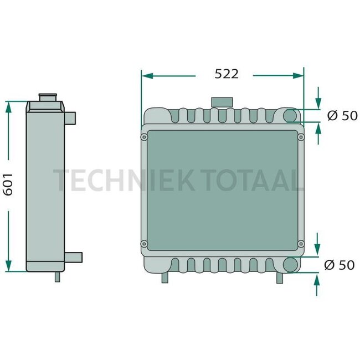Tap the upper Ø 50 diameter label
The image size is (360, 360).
[x=342, y=115]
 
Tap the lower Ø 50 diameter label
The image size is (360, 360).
[x=340, y=265]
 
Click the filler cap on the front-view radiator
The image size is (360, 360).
[x=222, y=102]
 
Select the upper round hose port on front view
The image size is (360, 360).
[x=291, y=115]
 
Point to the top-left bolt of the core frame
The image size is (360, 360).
[x=145, y=137]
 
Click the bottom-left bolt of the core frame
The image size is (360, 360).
[x=145, y=243]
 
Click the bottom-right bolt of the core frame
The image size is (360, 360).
[x=301, y=243]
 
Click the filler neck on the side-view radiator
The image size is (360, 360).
[x=48, y=98]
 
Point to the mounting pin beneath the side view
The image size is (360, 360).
[x=57, y=277]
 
